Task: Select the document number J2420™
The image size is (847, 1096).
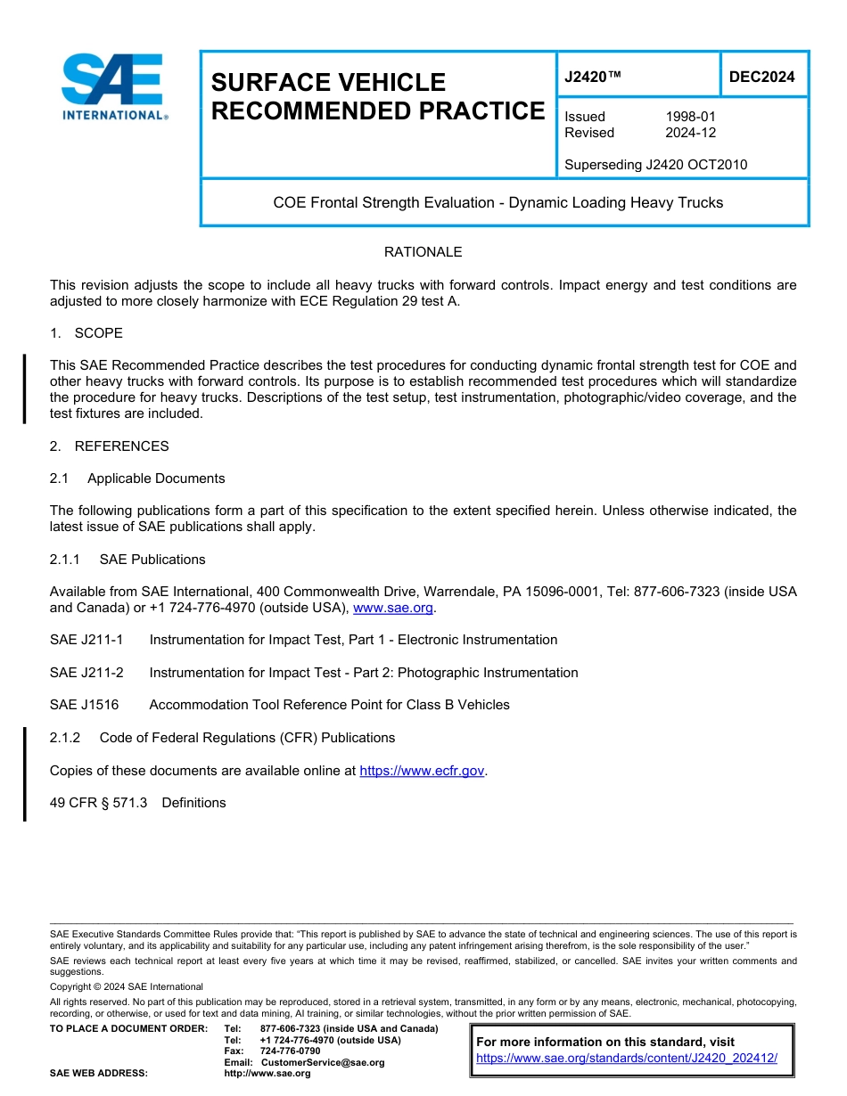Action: (x=592, y=78)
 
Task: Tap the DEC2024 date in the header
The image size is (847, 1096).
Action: (x=761, y=78)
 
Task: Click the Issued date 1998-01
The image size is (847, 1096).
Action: (x=690, y=117)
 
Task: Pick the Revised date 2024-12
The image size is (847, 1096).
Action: (x=690, y=133)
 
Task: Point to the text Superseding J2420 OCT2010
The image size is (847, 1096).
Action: (x=655, y=165)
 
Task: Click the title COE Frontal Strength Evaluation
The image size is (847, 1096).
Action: (x=498, y=203)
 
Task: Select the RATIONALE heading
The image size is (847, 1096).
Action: (x=423, y=252)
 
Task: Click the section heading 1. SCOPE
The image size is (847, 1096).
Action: (x=86, y=333)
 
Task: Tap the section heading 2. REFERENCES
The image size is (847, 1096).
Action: (x=109, y=446)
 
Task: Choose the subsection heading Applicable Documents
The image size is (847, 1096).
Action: (x=156, y=478)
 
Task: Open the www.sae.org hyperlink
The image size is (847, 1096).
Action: (x=393, y=608)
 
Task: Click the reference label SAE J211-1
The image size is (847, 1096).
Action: (x=86, y=640)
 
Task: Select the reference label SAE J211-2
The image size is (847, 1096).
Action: (x=86, y=673)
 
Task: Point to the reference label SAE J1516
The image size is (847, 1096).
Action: (x=84, y=705)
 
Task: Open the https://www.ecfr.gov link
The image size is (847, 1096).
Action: (x=423, y=771)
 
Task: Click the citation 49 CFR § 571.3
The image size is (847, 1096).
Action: (x=98, y=803)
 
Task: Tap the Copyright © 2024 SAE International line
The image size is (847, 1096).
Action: (x=127, y=986)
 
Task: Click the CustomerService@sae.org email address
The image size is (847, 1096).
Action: (x=322, y=1062)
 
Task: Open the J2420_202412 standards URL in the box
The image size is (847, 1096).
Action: (x=627, y=1059)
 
